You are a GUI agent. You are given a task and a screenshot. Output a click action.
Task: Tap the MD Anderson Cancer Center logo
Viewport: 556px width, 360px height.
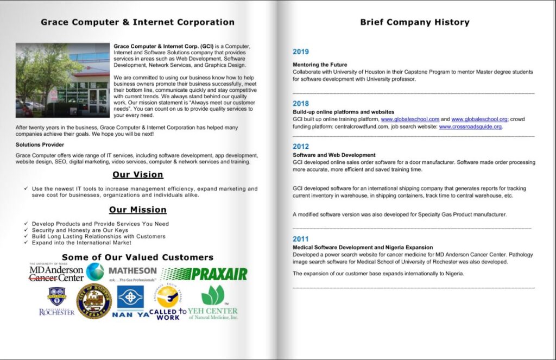56,273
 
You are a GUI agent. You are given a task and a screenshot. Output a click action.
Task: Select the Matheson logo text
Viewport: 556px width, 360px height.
132,270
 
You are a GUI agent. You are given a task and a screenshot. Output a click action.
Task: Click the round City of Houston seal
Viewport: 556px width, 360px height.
94,301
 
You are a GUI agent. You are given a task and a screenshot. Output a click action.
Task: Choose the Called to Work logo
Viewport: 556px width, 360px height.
167,303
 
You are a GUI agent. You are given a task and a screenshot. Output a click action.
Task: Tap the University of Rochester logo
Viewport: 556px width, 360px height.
56,301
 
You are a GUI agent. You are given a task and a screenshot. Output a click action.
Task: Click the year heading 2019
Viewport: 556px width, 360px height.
300,52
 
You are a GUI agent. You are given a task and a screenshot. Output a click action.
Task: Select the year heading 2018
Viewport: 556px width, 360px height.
300,103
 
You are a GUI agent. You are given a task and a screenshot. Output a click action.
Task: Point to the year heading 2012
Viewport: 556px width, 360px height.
300,147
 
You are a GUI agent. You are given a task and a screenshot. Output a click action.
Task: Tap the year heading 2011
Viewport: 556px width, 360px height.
300,239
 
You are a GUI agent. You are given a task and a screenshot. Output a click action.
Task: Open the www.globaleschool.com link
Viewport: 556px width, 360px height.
410,119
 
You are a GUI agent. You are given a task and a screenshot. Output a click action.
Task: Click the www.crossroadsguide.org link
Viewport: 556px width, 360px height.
470,127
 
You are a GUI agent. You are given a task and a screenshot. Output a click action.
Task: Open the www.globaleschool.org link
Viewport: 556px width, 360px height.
479,119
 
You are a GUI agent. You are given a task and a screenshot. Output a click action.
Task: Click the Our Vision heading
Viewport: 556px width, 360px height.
137,175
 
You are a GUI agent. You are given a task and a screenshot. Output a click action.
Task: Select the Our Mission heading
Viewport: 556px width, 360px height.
137,210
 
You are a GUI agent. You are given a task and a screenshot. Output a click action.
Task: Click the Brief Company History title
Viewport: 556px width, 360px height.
414,22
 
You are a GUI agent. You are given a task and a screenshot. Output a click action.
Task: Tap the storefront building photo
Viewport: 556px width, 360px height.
62,80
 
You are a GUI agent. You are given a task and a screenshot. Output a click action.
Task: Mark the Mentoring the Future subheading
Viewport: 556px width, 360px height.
320,65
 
